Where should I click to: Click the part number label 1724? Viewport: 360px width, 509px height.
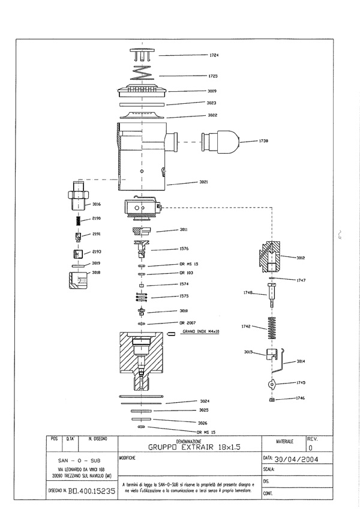[x=214, y=55]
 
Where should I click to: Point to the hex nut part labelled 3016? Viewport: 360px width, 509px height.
[x=76, y=198]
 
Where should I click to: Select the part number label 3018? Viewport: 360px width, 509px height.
[x=96, y=272]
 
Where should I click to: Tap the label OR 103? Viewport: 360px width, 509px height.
[x=185, y=273]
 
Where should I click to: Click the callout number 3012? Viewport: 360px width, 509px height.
[x=301, y=258]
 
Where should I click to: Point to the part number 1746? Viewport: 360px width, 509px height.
[x=301, y=398]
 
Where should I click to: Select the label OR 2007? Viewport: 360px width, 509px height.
[x=187, y=322]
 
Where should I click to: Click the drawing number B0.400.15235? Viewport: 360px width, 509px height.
[x=92, y=490]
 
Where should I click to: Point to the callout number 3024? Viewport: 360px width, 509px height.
[x=204, y=401]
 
